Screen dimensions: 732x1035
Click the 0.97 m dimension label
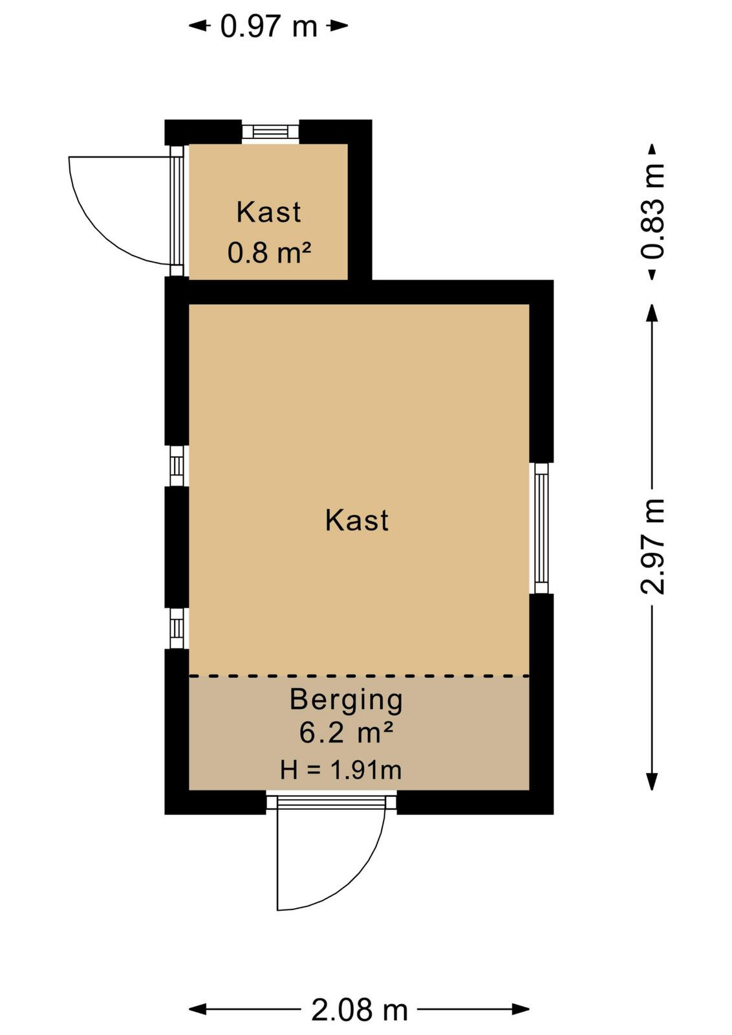point(269,27)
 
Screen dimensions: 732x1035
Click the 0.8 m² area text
point(269,252)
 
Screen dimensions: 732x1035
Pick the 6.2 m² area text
point(347,732)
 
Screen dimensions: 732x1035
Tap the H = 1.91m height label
point(341,770)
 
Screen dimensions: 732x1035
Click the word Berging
point(347,701)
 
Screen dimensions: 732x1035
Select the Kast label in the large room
point(357,520)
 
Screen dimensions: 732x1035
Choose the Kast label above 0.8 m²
point(269,212)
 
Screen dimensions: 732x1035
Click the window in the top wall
point(271,132)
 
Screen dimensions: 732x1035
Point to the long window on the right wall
point(541,528)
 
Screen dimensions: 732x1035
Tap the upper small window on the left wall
point(177,466)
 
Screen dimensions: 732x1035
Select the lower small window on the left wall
point(177,628)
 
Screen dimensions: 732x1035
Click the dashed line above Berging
point(359,676)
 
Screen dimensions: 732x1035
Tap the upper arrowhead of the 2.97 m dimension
point(652,313)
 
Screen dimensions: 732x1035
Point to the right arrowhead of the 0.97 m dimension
point(339,26)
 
